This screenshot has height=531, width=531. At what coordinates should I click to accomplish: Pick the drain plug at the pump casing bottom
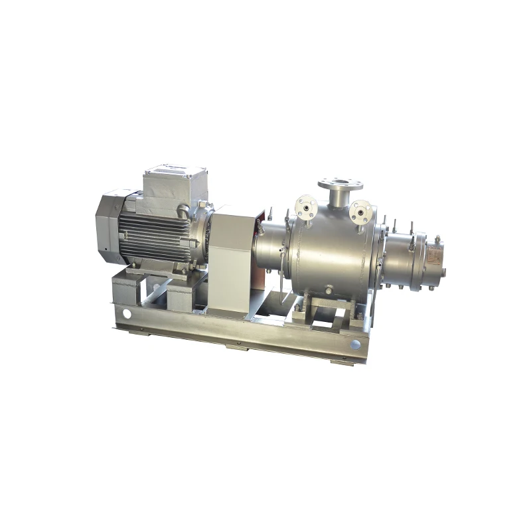click(329, 289)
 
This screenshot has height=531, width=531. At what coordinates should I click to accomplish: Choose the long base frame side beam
click(239, 339)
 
